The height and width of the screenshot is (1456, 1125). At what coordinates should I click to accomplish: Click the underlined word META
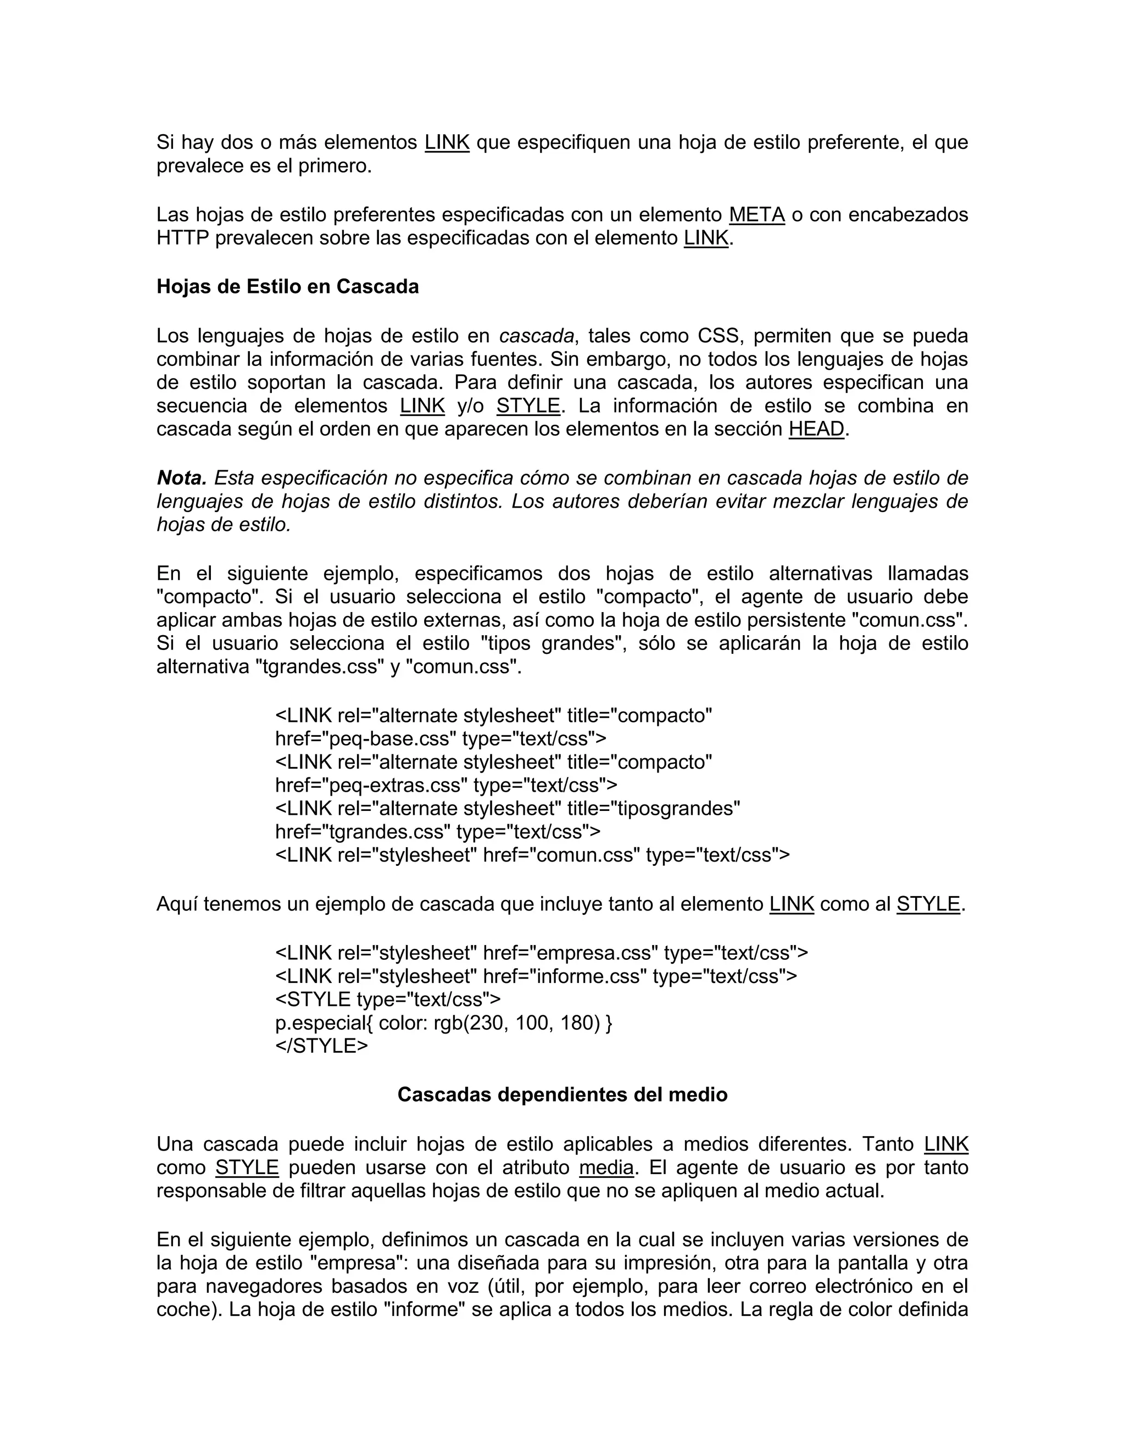tap(756, 215)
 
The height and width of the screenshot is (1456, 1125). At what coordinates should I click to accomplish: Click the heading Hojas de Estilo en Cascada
tap(287, 287)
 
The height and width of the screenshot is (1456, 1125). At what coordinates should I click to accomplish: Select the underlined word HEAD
tap(816, 429)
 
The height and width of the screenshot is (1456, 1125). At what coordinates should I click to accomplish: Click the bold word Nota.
tap(181, 478)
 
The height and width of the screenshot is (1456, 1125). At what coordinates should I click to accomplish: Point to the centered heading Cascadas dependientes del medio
tap(562, 1094)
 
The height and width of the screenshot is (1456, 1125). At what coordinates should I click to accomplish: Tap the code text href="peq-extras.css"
tap(371, 785)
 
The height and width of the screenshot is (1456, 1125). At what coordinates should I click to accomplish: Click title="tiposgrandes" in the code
tap(653, 809)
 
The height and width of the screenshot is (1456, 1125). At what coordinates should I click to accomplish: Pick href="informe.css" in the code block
tap(565, 977)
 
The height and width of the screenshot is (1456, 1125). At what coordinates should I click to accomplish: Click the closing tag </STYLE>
tap(321, 1046)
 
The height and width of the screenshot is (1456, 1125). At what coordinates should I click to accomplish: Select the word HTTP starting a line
tap(182, 238)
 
